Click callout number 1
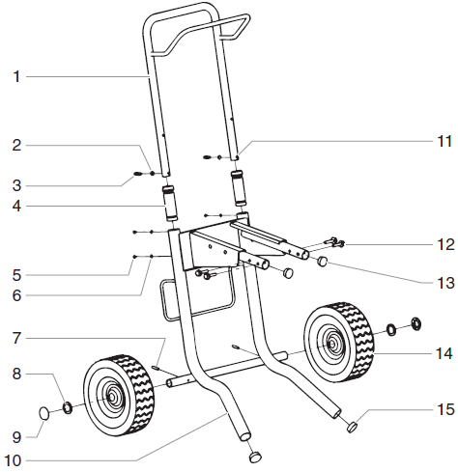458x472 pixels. (16, 76)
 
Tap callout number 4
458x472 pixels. (16, 205)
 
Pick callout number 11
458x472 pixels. (444, 141)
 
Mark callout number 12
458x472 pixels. (444, 243)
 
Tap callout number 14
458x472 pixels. (444, 354)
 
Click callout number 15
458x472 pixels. (444, 410)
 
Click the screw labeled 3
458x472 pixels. (139, 175)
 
